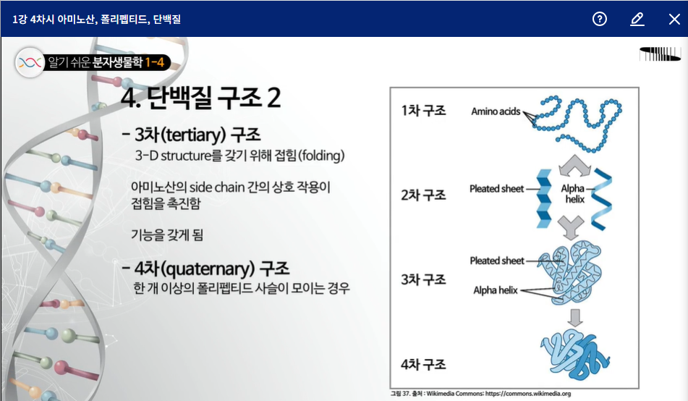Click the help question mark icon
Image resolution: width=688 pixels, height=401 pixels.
599,19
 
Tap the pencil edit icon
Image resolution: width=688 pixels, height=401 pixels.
637,19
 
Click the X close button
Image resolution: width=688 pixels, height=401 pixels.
674,19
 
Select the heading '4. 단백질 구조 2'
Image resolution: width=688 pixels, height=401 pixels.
200,98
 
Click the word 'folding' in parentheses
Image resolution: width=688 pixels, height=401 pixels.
322,156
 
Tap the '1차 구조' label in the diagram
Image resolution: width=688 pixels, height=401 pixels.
423,110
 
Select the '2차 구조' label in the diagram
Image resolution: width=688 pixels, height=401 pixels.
423,195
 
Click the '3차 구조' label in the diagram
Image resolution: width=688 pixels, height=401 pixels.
423,279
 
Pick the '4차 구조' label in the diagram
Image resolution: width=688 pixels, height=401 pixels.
423,364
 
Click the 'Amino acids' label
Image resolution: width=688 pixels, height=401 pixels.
496,111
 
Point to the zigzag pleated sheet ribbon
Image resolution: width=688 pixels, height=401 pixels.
544,198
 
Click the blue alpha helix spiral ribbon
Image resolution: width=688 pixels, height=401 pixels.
601,199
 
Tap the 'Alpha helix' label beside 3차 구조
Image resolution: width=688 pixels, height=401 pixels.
496,290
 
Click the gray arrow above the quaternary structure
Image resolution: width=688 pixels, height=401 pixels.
575,318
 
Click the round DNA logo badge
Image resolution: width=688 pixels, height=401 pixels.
30,62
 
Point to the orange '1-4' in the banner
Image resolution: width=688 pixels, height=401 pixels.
154,62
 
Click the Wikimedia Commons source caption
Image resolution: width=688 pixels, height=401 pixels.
481,394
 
